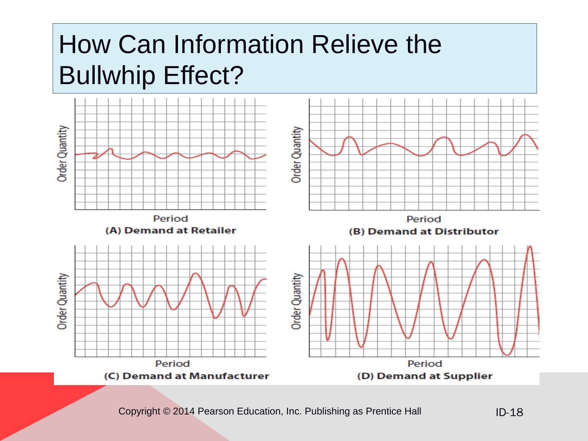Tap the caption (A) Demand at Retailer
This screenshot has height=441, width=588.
171,230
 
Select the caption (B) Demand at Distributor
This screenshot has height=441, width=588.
423,232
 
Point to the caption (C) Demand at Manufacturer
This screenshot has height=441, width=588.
187,376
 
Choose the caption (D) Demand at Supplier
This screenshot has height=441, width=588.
425,376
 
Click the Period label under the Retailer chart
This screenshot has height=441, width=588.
170,219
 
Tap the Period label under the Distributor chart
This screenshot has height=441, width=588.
423,219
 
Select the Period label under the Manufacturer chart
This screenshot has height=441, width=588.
172,363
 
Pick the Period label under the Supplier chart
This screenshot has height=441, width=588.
425,363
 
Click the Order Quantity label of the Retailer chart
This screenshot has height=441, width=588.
62,154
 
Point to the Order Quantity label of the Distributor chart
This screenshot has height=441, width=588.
297,154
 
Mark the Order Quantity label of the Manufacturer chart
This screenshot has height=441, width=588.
62,301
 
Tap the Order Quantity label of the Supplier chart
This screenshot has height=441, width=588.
297,301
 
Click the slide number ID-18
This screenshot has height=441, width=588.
509,412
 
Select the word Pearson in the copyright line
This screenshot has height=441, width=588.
214,411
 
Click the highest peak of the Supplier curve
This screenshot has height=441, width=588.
530,247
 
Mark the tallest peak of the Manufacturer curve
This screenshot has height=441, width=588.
196,273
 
